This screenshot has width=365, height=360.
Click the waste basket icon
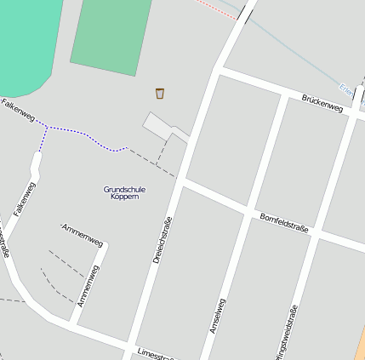click(160, 93)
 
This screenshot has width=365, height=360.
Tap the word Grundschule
click(124, 189)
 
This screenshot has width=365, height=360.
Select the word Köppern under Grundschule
click(124, 197)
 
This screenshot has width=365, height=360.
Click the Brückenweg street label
click(322, 104)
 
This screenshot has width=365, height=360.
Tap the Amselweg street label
click(217, 316)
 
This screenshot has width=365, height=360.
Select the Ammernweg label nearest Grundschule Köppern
click(83, 235)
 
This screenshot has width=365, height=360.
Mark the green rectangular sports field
click(111, 35)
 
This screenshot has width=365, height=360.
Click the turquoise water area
click(26, 43)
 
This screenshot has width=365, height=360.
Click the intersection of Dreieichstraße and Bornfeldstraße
click(181, 181)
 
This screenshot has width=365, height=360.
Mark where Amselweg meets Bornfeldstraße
click(247, 209)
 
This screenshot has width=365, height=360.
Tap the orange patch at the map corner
click(360, 345)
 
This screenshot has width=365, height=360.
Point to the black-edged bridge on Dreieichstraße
click(247, 13)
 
